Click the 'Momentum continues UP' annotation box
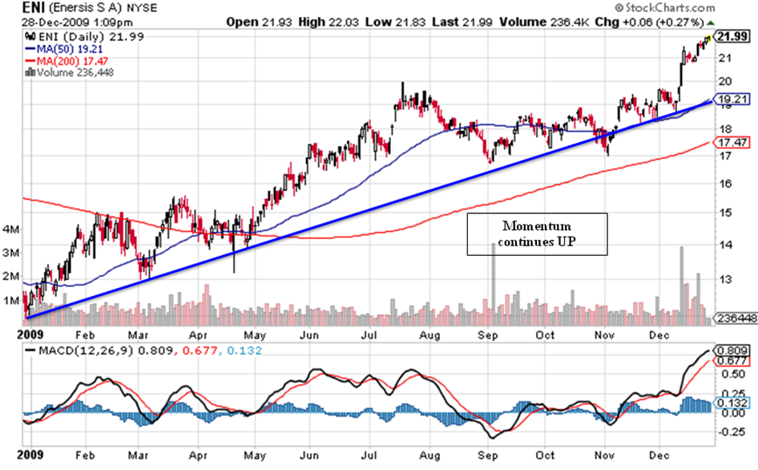click(538, 233)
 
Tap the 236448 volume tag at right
click(733, 318)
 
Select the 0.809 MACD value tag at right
click(731, 350)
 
